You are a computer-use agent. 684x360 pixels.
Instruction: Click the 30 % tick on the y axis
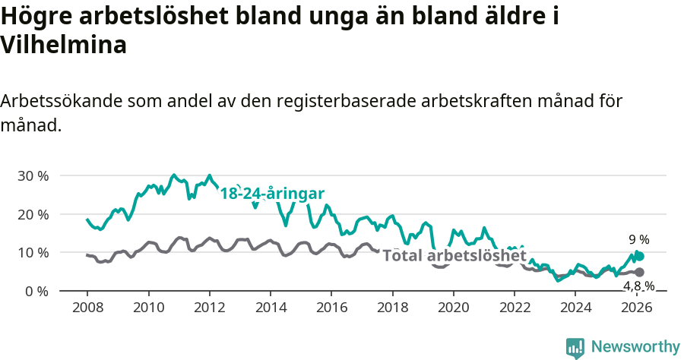point(32,175)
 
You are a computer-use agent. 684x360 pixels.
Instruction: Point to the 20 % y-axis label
point(32,214)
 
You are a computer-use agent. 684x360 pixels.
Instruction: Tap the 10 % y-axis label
point(32,252)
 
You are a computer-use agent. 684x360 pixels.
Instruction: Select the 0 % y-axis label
point(36,291)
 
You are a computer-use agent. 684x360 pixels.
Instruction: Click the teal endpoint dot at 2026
point(640,257)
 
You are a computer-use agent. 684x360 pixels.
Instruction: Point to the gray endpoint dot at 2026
point(639,272)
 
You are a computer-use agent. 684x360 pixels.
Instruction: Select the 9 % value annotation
point(638,240)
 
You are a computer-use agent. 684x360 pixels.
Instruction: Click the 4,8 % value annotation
point(638,286)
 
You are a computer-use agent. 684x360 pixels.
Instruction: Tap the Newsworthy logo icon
point(575,347)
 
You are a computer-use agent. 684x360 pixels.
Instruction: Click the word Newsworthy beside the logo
point(635,347)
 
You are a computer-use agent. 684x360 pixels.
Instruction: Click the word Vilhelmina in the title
point(63,46)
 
